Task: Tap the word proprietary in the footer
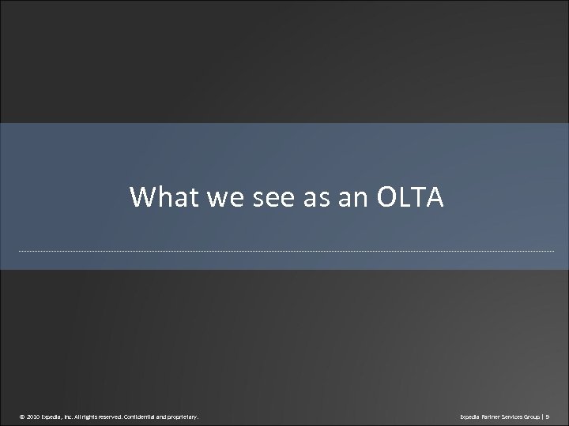[187, 414]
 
